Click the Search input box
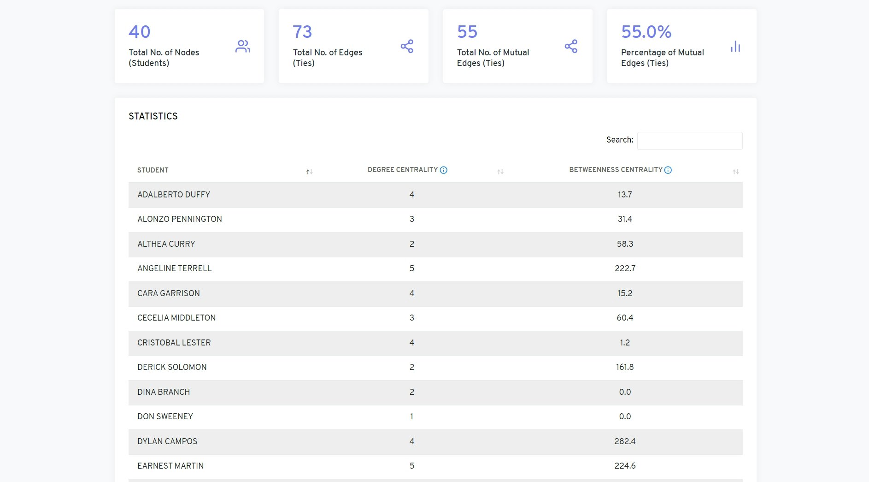[689, 141]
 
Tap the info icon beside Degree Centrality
[444, 170]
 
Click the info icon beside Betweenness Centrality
[668, 170]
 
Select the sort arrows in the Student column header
[310, 172]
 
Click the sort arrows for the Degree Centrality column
[500, 172]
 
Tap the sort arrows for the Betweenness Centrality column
[736, 172]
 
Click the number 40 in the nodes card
[140, 32]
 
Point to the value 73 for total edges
[302, 32]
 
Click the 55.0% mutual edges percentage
[646, 32]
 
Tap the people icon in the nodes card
[243, 46]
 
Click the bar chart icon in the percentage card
[735, 46]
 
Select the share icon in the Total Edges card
[407, 46]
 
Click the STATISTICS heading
[153, 116]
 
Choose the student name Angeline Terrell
[174, 268]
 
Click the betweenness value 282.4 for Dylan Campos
[625, 441]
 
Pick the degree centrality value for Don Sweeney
[412, 417]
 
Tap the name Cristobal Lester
[174, 343]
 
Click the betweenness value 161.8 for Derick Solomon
[625, 367]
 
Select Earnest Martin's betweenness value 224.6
[625, 466]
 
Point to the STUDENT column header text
[153, 170]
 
